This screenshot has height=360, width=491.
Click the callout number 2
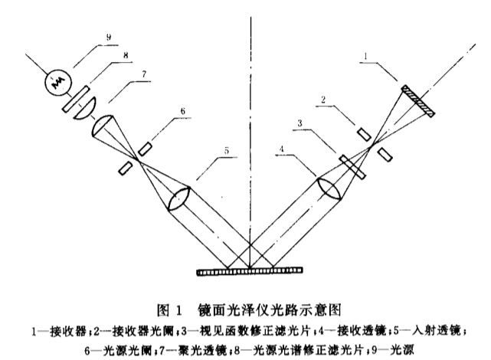[x=325, y=100]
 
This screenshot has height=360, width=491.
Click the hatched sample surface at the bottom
[x=250, y=270]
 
